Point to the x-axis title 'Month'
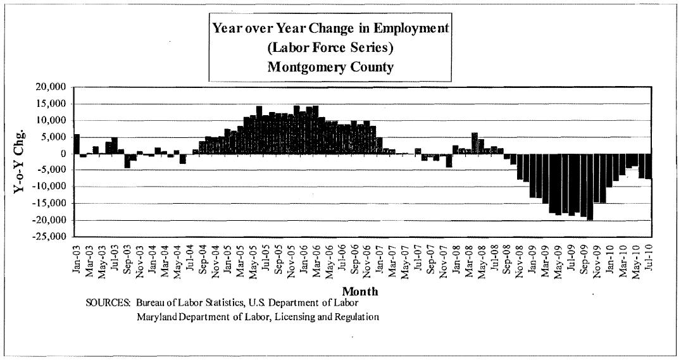[x=359, y=291]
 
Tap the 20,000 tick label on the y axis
[x=51, y=87]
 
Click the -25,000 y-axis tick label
[x=49, y=237]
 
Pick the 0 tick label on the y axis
[x=63, y=154]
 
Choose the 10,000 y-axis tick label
[x=51, y=120]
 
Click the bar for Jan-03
[x=77, y=144]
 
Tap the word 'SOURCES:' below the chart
[x=108, y=303]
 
